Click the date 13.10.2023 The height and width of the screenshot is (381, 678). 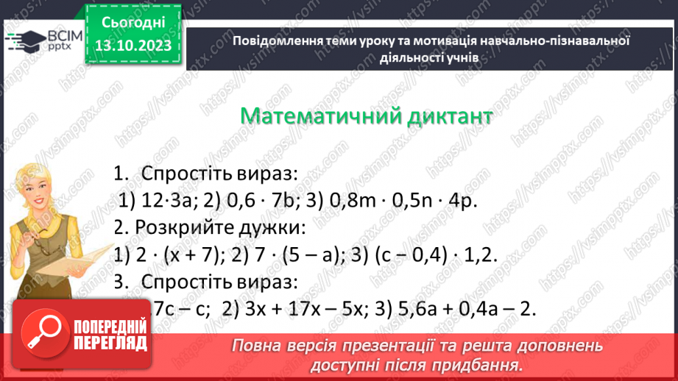134,46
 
